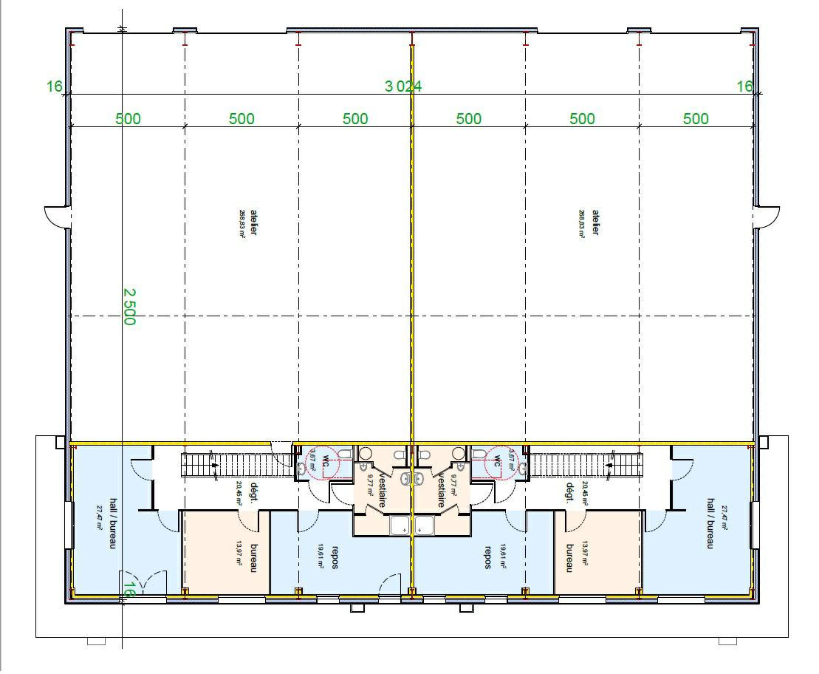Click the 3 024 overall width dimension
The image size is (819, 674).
coord(402,86)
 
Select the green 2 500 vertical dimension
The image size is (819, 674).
coord(128,307)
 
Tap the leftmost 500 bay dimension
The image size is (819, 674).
coord(128,119)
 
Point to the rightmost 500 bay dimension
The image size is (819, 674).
coord(696,119)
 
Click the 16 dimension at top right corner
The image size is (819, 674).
coord(744,86)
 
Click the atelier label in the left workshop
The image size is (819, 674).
coord(253,222)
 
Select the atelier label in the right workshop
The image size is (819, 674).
coord(595,222)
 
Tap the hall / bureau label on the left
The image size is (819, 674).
coord(114,522)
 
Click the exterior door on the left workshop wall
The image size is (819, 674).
coord(57,217)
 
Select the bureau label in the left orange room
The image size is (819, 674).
coord(253,559)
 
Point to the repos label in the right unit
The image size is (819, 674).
coord(487,559)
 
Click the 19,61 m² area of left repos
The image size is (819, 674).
coord(321,556)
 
